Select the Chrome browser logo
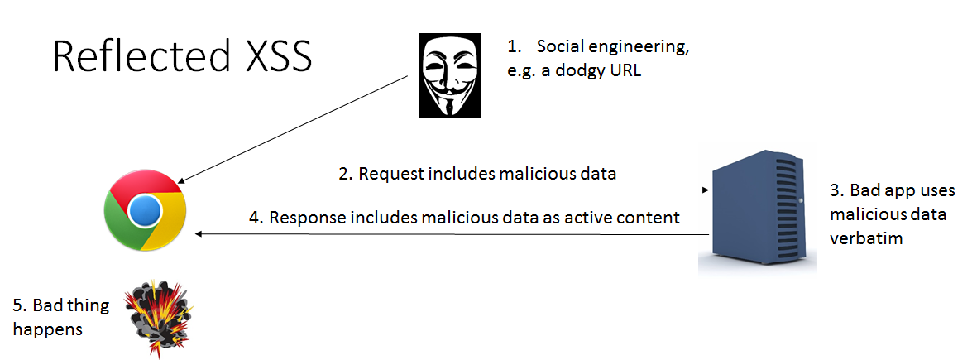[x=146, y=210]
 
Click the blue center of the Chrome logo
[x=146, y=211]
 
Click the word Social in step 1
[x=561, y=47]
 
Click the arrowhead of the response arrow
[x=199, y=235]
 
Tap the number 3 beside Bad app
[x=835, y=191]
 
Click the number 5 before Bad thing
[x=17, y=305]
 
